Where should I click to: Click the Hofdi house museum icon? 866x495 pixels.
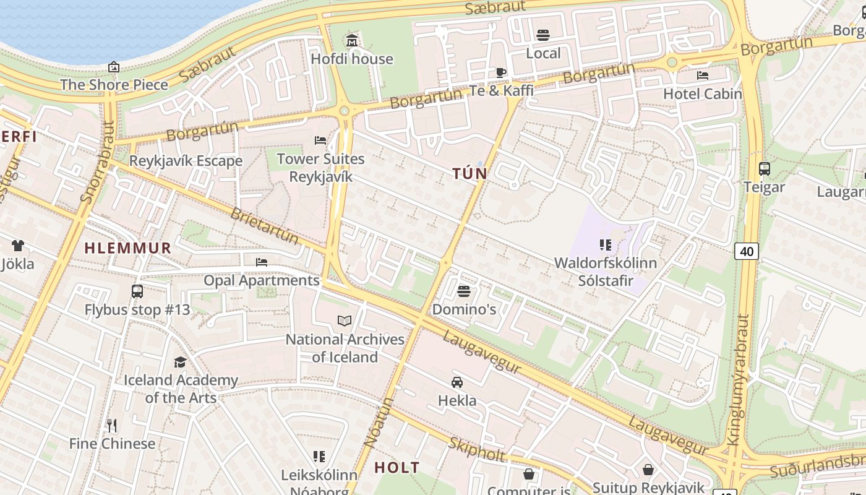(352, 41)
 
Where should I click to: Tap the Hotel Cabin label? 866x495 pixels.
(702, 94)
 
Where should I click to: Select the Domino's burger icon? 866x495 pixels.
(464, 291)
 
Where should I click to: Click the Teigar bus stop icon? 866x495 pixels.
(764, 168)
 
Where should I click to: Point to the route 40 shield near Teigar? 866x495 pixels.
(747, 251)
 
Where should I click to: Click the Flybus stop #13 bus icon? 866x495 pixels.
(137, 291)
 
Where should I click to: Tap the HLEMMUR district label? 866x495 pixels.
(127, 248)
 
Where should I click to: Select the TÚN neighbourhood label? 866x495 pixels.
(469, 174)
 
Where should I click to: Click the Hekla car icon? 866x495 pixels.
(457, 382)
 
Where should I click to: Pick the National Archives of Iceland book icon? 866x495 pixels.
(345, 321)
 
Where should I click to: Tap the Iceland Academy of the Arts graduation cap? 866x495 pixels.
(180, 362)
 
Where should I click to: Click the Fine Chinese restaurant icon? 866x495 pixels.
(112, 426)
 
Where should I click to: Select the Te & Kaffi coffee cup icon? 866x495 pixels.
(501, 72)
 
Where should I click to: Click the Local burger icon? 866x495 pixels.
(543, 35)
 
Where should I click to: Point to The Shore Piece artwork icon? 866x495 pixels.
(114, 67)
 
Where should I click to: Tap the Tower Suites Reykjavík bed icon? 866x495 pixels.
(320, 140)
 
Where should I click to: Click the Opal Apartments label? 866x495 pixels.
(262, 280)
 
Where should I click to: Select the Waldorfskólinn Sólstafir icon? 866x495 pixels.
(605, 245)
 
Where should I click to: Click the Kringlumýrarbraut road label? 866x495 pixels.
(735, 381)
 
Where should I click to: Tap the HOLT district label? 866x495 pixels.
(397, 468)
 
